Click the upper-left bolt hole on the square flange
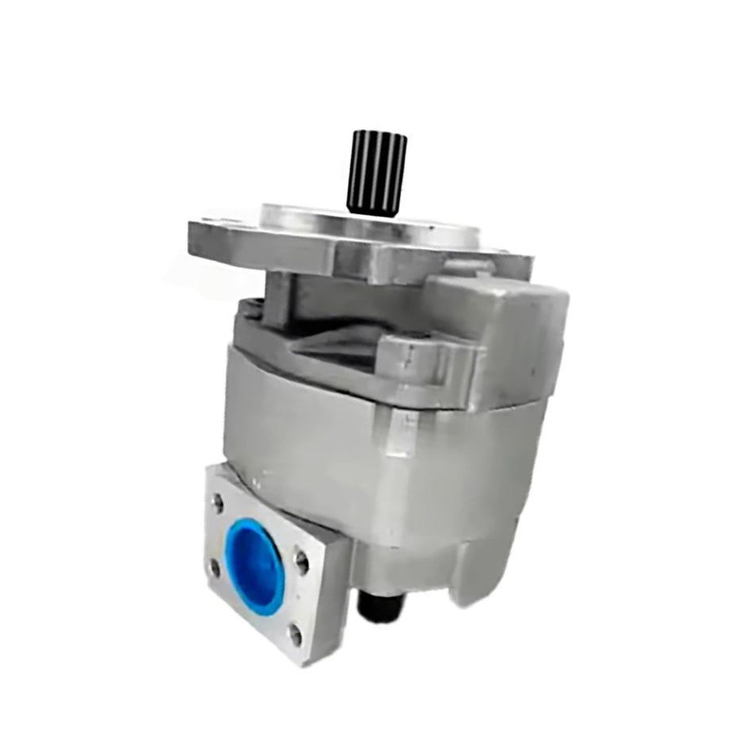tap(217, 501)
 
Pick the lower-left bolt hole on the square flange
tap(215, 567)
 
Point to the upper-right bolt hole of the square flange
tap(301, 561)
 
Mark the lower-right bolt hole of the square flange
tap(296, 633)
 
